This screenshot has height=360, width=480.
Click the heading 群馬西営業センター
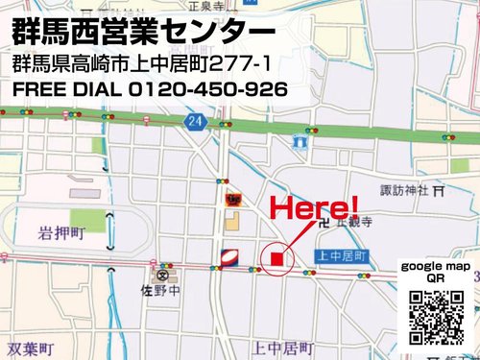pos(144,32)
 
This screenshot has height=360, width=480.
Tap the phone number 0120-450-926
pos(208,90)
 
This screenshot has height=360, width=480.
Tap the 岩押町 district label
pos(62,233)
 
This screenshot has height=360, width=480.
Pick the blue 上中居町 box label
pos(342,256)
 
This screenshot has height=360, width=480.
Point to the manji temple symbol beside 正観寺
pos(331,222)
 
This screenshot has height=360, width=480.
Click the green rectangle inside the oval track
pos(87,220)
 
